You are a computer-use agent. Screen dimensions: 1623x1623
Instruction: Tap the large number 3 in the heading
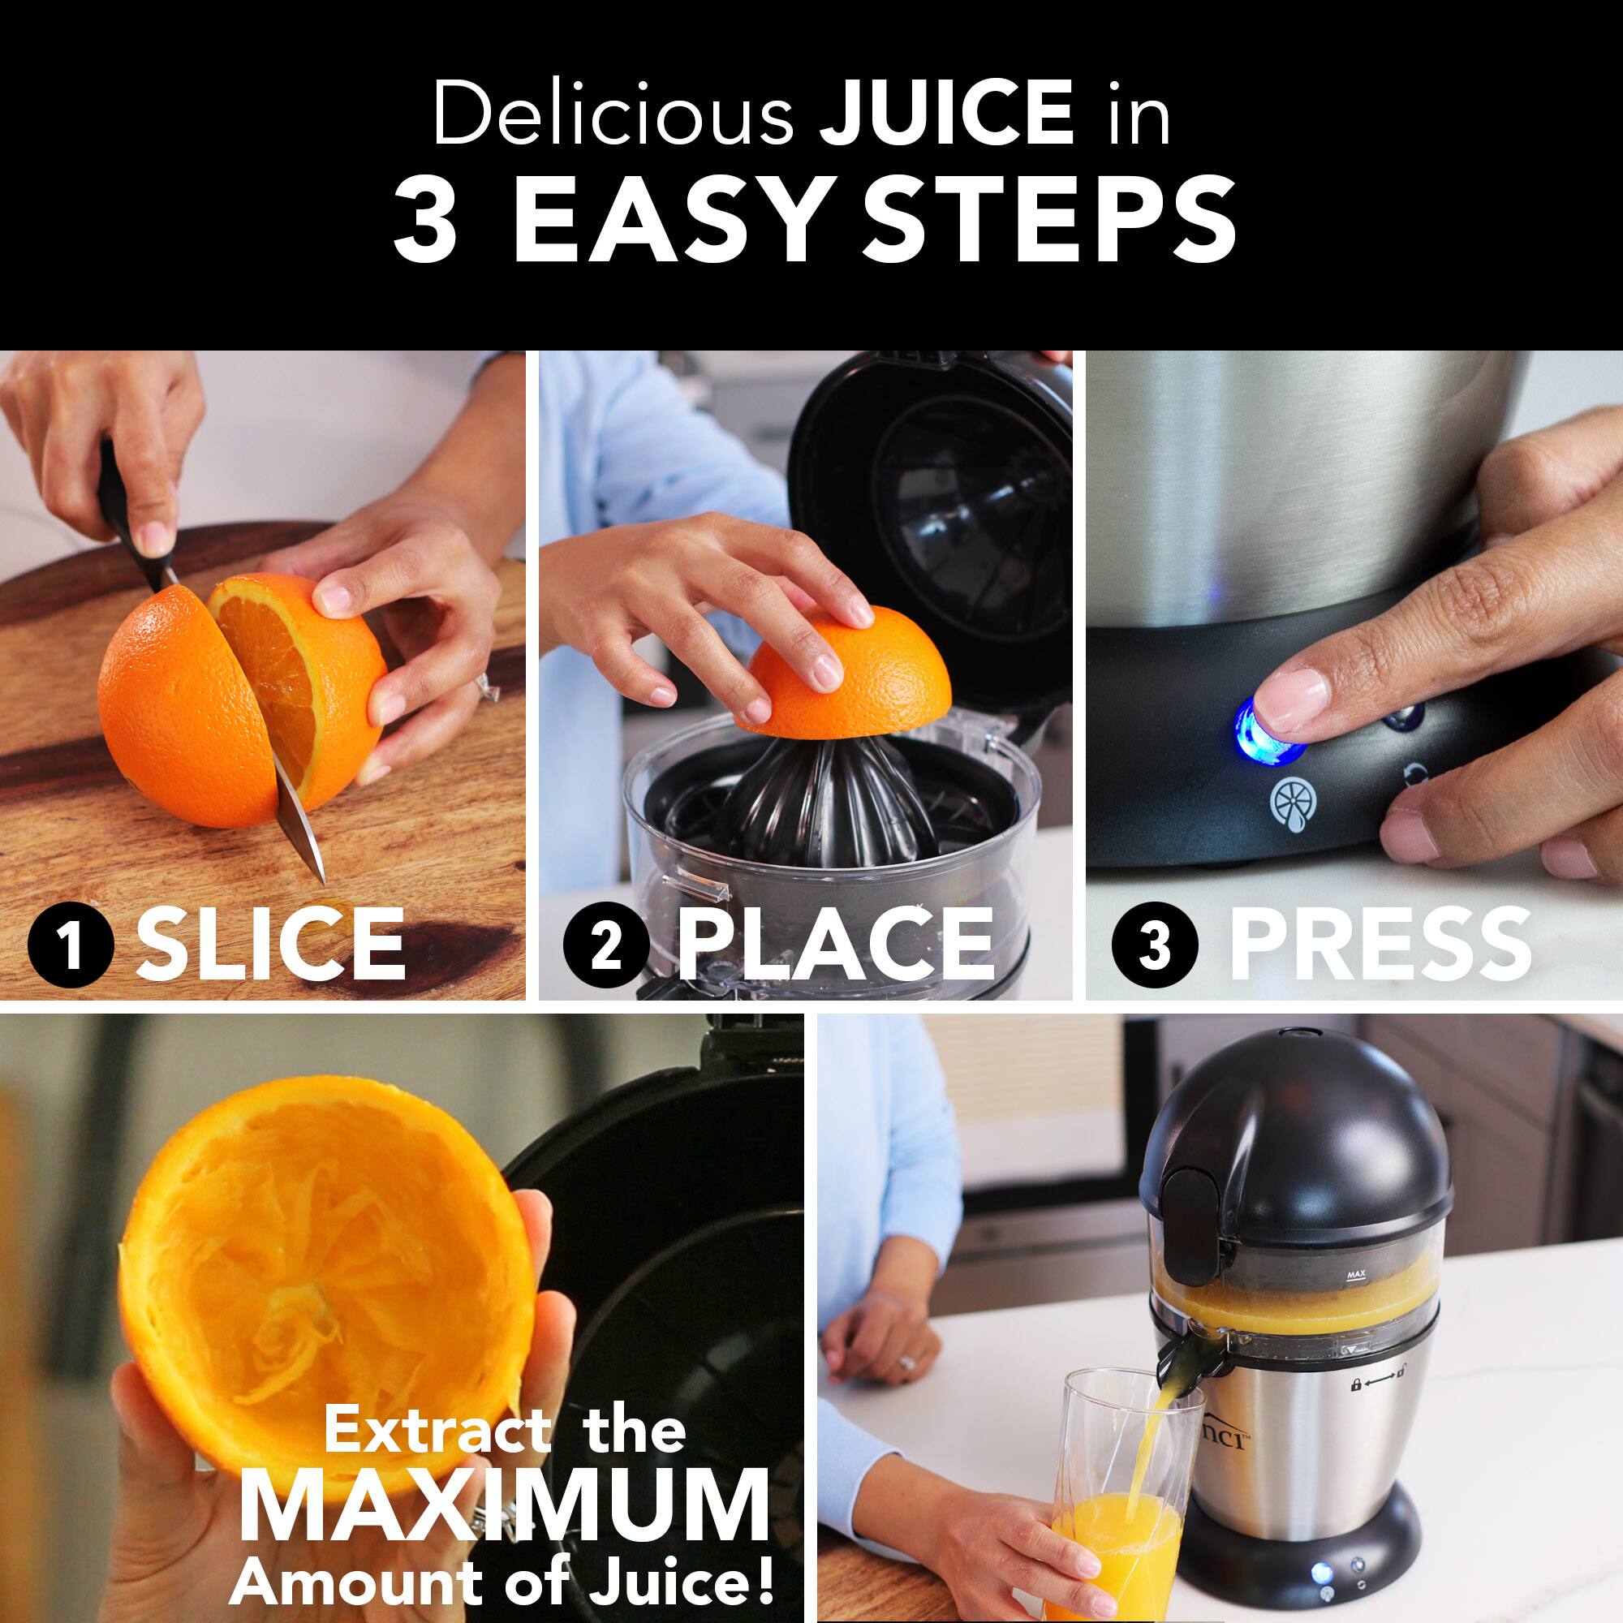coord(426,221)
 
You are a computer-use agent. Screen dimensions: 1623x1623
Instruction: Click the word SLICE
coord(270,945)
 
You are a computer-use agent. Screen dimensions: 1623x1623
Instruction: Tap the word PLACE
coord(835,945)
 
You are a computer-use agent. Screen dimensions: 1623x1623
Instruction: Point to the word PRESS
coord(1380,945)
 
